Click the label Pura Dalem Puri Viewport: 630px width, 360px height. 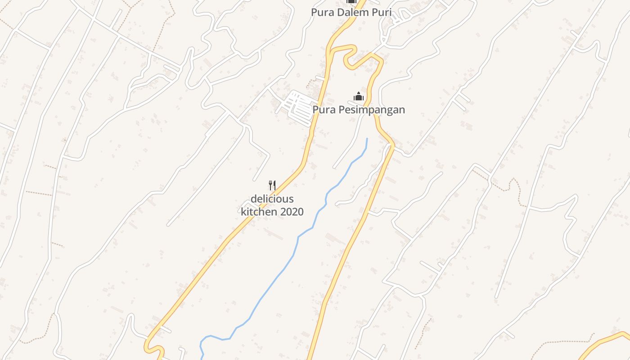click(351, 12)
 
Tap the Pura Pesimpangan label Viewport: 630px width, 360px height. click(359, 109)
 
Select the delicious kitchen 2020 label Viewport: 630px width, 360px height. click(272, 205)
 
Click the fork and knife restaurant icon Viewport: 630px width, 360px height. click(272, 185)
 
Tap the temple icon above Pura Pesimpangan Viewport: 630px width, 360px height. click(359, 96)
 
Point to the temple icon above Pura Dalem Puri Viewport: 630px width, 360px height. click(351, 2)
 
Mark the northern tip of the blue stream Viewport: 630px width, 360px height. click(367, 139)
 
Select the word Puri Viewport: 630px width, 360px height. click(381, 12)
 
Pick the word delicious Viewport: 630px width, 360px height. click(272, 199)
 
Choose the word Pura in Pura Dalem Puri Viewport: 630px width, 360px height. click(322, 12)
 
